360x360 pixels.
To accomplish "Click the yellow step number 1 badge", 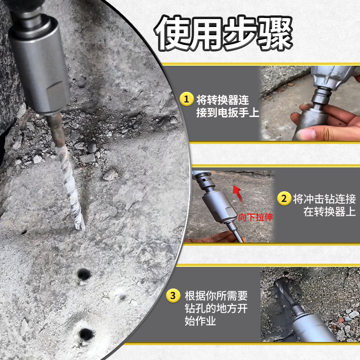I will tap(185, 99).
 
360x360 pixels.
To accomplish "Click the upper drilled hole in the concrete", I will tap(84, 273).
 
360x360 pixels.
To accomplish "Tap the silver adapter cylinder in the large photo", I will tap(40, 67).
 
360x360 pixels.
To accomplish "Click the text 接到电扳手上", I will tap(228, 112).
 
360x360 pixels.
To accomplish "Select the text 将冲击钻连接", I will tap(324, 199).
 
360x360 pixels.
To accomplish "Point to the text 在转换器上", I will tap(330, 212).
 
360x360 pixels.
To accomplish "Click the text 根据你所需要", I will tap(216, 296).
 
